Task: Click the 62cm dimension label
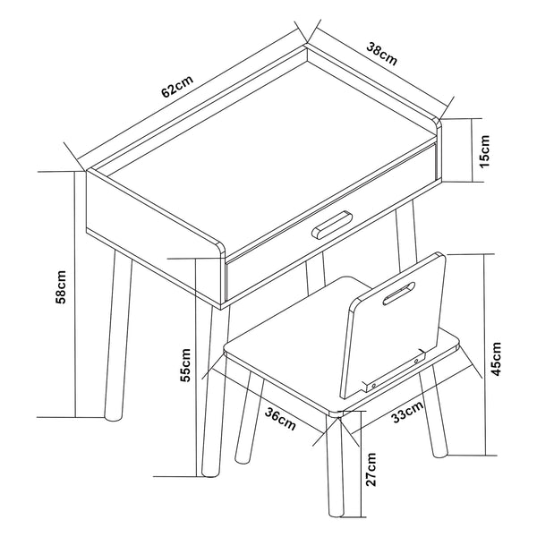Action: tap(176, 88)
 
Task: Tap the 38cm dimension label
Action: tap(382, 54)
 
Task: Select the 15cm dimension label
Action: tap(484, 150)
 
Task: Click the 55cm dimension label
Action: tap(185, 364)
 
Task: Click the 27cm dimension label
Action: tap(372, 469)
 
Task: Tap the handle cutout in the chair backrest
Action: tap(396, 294)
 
